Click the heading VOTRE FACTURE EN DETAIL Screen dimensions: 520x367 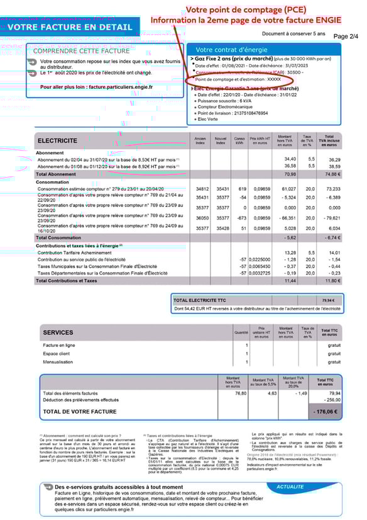(70, 28)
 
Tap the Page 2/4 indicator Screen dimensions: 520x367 (345, 37)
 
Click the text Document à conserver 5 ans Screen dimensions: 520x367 (293, 33)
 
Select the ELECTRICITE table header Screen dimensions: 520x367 (58, 140)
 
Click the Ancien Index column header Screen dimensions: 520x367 (200, 140)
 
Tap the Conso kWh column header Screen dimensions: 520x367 (239, 140)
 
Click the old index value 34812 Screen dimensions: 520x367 (202, 188)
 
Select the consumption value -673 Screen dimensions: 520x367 (239, 218)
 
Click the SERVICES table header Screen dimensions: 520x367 (58, 332)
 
